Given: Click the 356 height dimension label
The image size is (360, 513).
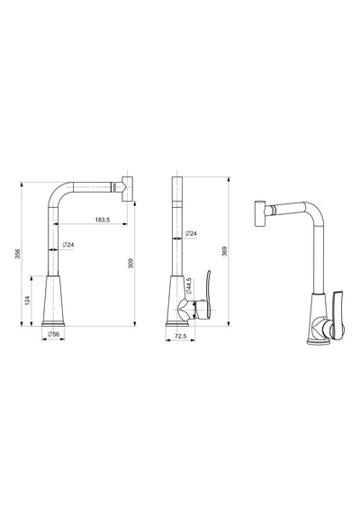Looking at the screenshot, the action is pyautogui.click(x=18, y=254).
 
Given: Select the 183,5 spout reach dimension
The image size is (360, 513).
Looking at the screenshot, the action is pyautogui.click(x=103, y=220).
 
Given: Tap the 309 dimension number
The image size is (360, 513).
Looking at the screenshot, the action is pyautogui.click(x=130, y=264).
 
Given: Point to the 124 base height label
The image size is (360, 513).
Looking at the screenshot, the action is pyautogui.click(x=28, y=301).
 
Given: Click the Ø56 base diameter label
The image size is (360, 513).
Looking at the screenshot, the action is pyautogui.click(x=53, y=334).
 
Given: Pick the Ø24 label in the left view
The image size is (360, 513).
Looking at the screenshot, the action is pyautogui.click(x=68, y=245).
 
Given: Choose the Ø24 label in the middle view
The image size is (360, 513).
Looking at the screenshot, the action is pyautogui.click(x=191, y=234).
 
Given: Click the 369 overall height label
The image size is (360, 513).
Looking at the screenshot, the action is pyautogui.click(x=224, y=251).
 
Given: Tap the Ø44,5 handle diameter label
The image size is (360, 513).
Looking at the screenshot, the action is pyautogui.click(x=189, y=285).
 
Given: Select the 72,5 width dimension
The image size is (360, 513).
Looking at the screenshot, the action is pyautogui.click(x=181, y=336).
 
